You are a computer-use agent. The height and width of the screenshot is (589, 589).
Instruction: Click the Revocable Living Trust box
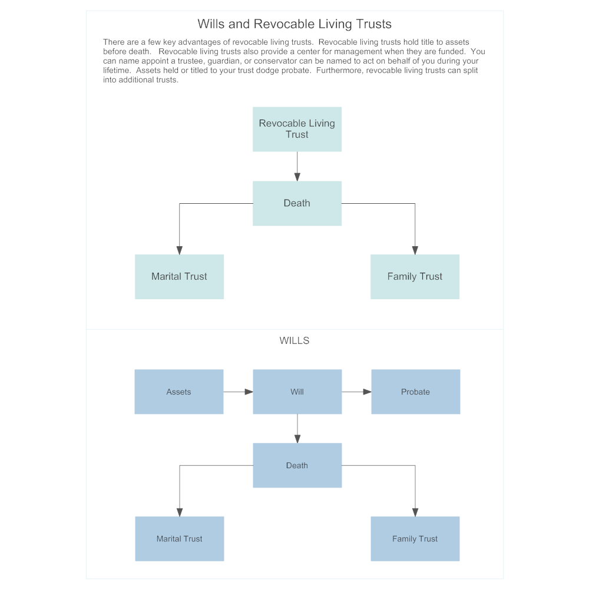click(297, 129)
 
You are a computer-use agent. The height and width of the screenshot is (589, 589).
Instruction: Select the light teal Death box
click(297, 203)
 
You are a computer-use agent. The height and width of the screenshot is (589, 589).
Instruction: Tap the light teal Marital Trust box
click(179, 277)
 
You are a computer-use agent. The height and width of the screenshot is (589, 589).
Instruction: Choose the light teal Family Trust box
click(415, 277)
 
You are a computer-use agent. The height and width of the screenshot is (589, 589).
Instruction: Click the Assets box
click(179, 392)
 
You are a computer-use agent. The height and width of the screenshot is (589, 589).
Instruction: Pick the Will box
click(297, 392)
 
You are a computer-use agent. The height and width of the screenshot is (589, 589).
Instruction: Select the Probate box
click(415, 392)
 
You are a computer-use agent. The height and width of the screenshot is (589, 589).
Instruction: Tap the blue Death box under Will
click(297, 465)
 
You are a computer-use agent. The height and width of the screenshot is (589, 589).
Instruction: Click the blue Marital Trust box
click(179, 538)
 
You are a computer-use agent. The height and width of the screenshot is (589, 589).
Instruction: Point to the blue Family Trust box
click(415, 538)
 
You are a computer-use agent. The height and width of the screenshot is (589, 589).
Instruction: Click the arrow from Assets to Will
click(238, 392)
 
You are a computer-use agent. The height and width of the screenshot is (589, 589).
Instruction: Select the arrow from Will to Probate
click(356, 392)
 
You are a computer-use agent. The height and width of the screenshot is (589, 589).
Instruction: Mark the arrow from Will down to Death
click(297, 428)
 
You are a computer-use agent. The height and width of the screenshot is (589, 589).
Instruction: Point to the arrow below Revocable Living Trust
click(297, 166)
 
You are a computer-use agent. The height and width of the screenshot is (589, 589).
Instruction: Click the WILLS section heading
click(294, 340)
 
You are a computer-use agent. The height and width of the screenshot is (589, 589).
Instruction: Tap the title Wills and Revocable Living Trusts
click(294, 24)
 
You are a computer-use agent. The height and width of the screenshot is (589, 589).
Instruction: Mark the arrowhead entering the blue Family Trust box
click(415, 512)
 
